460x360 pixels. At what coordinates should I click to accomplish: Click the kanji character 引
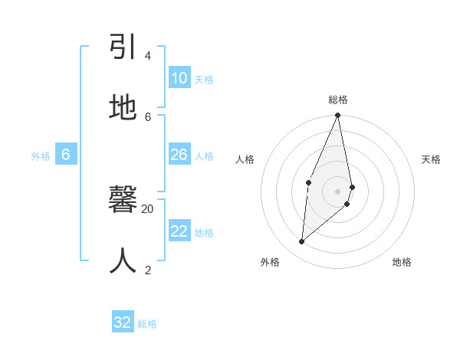pos(123,47)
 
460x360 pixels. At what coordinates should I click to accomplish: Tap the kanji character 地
pos(123,108)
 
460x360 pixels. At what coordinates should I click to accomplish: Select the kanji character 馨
pos(123,201)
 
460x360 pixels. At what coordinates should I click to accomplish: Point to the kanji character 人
pos(123,260)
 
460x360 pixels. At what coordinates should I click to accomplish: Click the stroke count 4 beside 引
pos(147,56)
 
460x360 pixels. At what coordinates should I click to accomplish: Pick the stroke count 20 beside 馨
pos(147,208)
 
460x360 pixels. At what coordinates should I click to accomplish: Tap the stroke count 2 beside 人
pos(147,270)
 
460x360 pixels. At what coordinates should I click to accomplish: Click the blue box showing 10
pos(179,78)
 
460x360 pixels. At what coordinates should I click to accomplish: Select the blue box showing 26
pos(179,155)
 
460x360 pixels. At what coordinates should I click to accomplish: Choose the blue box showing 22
pos(179,231)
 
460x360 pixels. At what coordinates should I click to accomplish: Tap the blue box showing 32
pos(123,322)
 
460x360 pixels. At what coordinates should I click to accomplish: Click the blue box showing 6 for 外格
pos(66,155)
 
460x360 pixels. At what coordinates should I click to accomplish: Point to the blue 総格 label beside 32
pos(147,324)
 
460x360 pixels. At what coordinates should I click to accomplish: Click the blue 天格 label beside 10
pos(203,79)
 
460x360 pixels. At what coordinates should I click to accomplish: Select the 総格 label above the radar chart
pos(338,100)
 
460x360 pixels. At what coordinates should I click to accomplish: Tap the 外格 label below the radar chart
pos(270,263)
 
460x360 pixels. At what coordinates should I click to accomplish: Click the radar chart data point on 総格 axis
pos(337,116)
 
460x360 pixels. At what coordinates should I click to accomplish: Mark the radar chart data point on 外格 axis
pos(301,241)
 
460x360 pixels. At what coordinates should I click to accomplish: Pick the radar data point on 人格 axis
pos(308,182)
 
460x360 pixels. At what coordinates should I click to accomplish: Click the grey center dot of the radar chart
pos(337,191)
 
